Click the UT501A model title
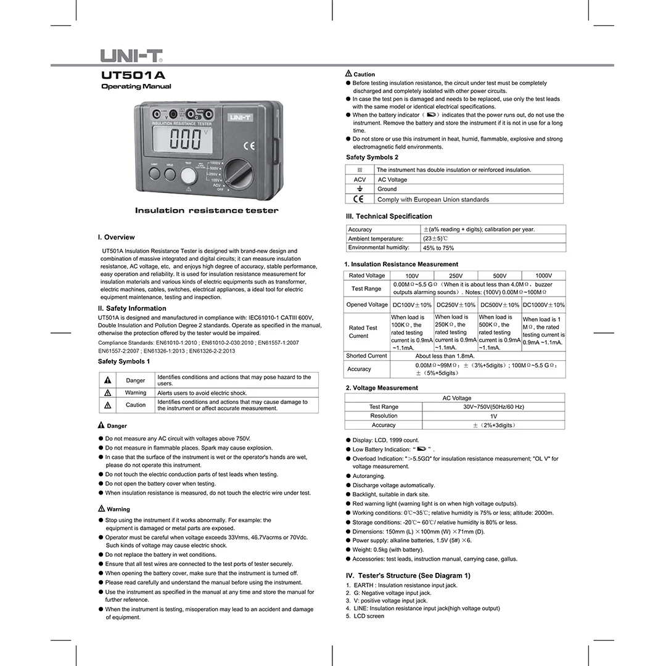(x=133, y=75)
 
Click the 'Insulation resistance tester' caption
(x=207, y=211)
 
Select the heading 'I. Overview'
(x=116, y=237)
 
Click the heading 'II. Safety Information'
(x=132, y=308)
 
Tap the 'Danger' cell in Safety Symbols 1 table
(x=135, y=380)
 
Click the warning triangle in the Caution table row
(x=108, y=405)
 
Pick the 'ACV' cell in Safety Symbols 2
(x=360, y=179)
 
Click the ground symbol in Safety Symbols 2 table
(x=360, y=189)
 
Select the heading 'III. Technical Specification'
(x=388, y=216)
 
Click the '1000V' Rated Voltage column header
(x=543, y=276)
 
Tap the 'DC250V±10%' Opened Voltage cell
(x=456, y=305)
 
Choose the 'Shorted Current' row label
(x=367, y=356)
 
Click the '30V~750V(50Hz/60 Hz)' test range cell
(x=493, y=407)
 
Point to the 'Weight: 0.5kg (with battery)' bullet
(x=388, y=549)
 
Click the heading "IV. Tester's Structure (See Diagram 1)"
(x=408, y=575)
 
